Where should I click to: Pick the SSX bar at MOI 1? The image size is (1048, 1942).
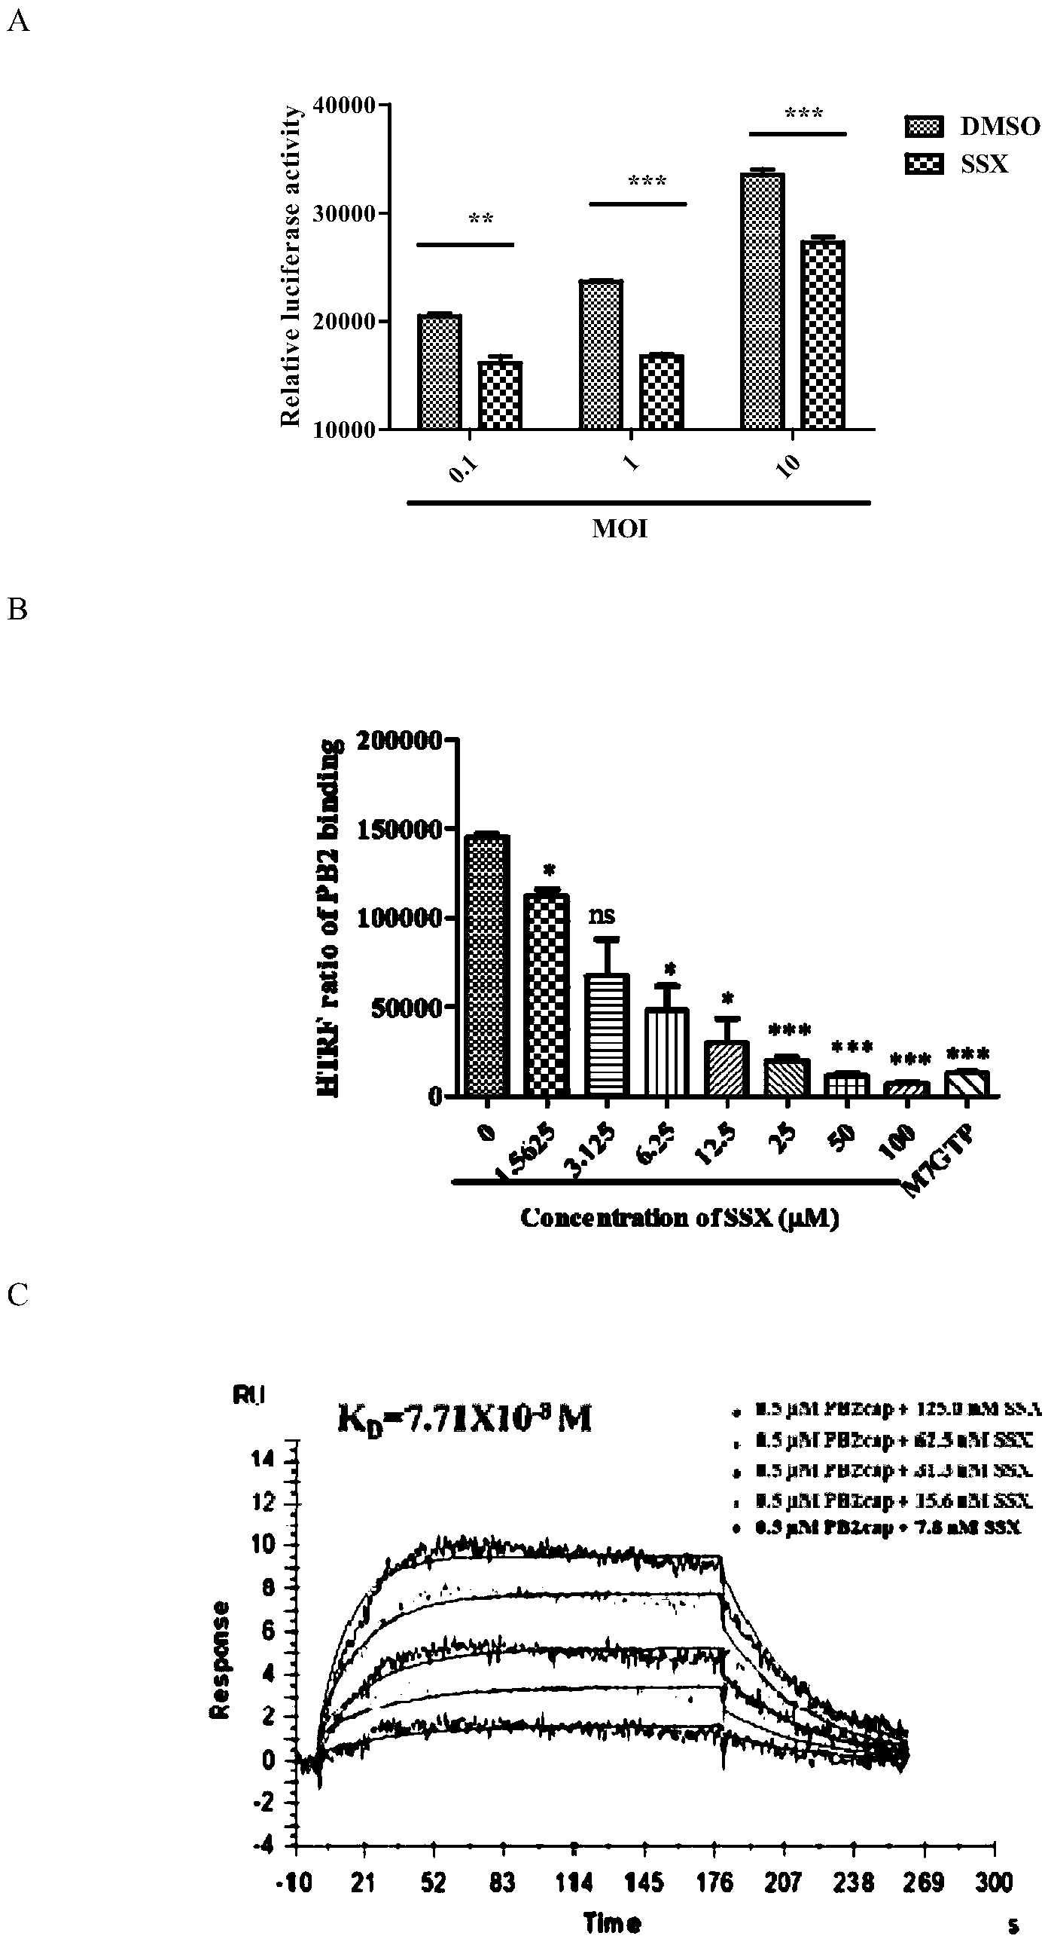(x=662, y=391)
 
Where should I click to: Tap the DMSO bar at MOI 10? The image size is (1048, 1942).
(x=763, y=301)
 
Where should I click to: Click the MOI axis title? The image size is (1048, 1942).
(x=620, y=529)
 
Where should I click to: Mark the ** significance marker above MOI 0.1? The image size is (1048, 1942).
(x=480, y=219)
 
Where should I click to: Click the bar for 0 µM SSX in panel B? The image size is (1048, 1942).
(x=487, y=965)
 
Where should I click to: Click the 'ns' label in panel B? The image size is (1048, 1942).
(x=602, y=916)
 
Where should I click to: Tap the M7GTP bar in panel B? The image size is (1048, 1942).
(x=967, y=1083)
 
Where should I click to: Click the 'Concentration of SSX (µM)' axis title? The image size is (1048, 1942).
(x=680, y=1219)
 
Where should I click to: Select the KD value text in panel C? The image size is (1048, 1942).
(x=463, y=1420)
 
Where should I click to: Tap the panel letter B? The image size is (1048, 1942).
(x=17, y=609)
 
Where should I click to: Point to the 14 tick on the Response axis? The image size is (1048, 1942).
(x=266, y=1461)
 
